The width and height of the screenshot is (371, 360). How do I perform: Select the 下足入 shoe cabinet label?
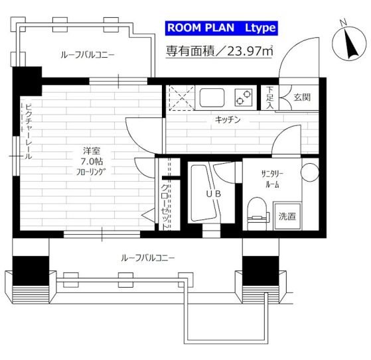pos(269,97)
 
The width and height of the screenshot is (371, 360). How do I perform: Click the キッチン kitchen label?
pos(227,120)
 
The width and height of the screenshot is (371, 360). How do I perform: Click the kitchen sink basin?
pos(213,97)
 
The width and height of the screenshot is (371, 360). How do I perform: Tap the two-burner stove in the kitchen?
pos(244,97)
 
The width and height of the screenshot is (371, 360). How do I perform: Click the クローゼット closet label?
pos(165,203)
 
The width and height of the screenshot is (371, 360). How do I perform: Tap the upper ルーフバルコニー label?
pos(86,55)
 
